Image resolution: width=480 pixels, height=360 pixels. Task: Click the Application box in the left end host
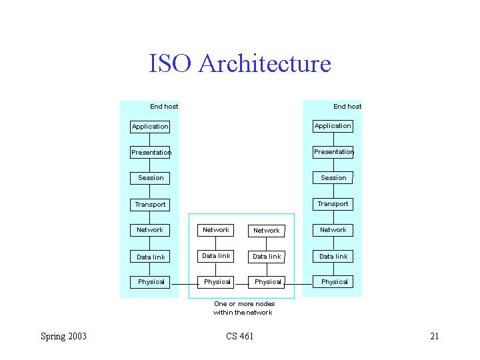tap(150, 127)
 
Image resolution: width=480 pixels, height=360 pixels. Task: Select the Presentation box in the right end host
tap(333, 152)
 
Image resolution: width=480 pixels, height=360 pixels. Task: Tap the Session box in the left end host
tap(150, 178)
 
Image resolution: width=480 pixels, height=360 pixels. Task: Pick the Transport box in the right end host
tap(333, 204)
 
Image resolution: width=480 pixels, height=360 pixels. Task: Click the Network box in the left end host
tap(150, 230)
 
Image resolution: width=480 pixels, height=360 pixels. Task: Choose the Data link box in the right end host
tap(333, 257)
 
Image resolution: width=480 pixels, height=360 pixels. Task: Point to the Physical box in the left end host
tap(150, 282)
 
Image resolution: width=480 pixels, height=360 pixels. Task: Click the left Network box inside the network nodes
tap(216, 230)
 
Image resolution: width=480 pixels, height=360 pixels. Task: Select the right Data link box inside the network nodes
tap(266, 257)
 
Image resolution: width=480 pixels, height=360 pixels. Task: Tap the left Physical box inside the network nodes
tap(216, 282)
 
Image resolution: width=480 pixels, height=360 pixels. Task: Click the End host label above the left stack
tap(164, 107)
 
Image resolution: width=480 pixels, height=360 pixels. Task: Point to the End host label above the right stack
tap(347, 107)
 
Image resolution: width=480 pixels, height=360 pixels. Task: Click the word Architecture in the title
tap(265, 63)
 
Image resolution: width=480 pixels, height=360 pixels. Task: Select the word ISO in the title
tap(170, 63)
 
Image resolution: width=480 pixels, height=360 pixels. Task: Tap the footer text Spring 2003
tap(64, 337)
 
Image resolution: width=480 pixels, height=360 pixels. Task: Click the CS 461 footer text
tap(240, 336)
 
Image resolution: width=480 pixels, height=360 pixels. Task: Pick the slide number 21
tap(435, 336)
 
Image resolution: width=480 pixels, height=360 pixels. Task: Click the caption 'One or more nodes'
tap(244, 304)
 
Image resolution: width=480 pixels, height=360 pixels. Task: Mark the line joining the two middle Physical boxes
tap(241, 285)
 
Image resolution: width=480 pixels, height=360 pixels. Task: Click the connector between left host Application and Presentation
tap(150, 139)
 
